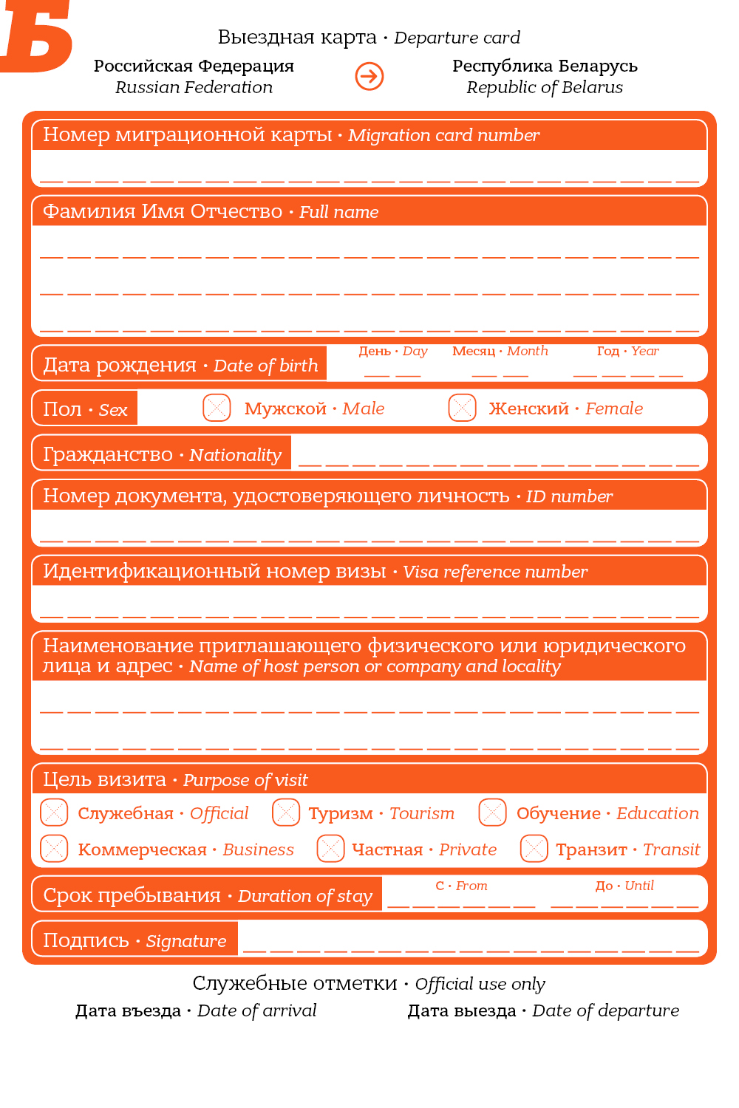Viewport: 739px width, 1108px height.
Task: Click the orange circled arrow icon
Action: click(x=369, y=76)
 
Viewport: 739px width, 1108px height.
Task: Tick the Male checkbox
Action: click(x=217, y=408)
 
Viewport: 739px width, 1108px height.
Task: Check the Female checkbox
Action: click(x=462, y=408)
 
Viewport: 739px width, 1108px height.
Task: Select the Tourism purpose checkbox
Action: click(x=286, y=813)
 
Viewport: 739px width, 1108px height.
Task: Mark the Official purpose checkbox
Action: click(x=54, y=813)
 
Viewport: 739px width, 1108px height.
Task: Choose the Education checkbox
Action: click(x=492, y=813)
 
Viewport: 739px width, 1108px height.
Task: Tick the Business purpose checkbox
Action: click(x=54, y=849)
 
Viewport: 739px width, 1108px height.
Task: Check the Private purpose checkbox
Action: click(x=330, y=849)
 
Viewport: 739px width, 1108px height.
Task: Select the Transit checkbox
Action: click(x=534, y=849)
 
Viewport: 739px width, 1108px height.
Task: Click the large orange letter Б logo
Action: click(x=37, y=37)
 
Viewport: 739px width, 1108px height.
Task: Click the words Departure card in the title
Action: click(x=457, y=38)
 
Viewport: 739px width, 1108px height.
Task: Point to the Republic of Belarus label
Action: click(x=545, y=87)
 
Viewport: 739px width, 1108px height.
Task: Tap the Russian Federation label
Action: click(x=194, y=87)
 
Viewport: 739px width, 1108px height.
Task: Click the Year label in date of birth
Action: click(x=644, y=351)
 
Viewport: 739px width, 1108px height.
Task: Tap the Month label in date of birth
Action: click(x=527, y=351)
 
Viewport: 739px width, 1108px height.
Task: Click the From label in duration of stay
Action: click(x=471, y=886)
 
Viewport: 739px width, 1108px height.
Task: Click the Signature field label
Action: click(x=185, y=941)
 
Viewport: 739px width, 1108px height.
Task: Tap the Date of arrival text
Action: click(x=256, y=1010)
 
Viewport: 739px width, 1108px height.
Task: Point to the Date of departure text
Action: click(x=605, y=1010)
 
